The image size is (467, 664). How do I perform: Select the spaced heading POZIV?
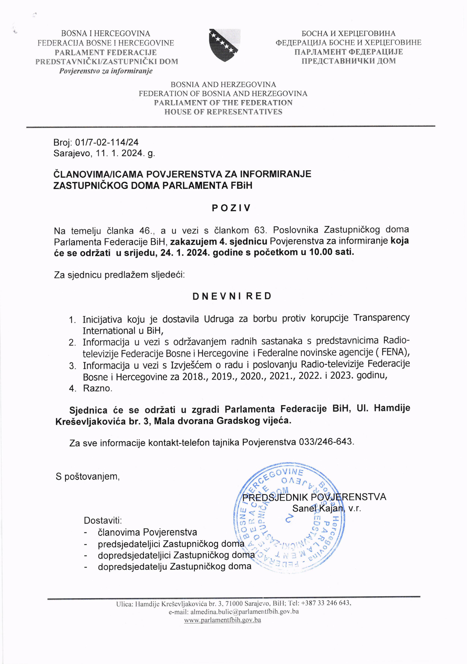coord(231,208)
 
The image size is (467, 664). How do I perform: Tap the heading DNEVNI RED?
coord(232,296)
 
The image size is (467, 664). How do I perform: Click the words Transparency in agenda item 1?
coord(381,318)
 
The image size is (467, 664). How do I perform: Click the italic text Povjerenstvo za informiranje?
coord(106,71)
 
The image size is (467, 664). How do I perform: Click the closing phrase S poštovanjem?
coord(88,476)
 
